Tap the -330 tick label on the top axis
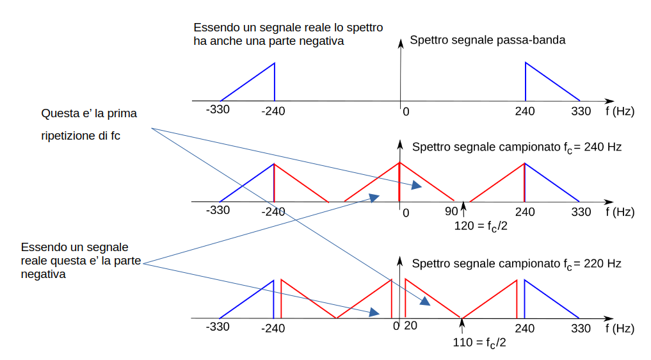click(x=218, y=110)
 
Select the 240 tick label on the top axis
click(x=524, y=111)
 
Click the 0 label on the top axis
click(x=405, y=111)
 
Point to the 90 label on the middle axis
click(x=451, y=211)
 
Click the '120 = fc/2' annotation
click(x=480, y=226)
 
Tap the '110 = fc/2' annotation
click(x=479, y=342)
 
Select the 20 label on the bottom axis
click(x=411, y=326)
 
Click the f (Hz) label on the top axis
click(x=619, y=111)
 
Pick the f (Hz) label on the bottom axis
click(x=619, y=329)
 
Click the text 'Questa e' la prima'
click(x=89, y=114)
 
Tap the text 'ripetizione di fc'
click(x=81, y=136)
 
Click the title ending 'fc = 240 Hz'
click(x=517, y=147)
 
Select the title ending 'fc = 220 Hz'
click(x=517, y=263)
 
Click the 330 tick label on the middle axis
click(x=581, y=211)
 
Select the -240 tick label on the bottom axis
click(x=273, y=329)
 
